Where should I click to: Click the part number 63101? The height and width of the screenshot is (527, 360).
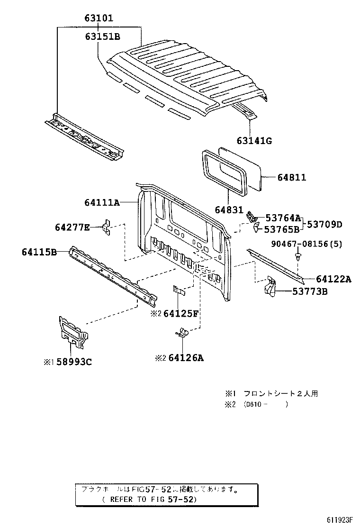pyautogui.click(x=99, y=19)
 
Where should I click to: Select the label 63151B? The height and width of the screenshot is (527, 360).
pyautogui.click(x=103, y=36)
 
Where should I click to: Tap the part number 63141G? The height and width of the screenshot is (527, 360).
pyautogui.click(x=254, y=140)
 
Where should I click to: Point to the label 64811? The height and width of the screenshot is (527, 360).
pyautogui.click(x=292, y=177)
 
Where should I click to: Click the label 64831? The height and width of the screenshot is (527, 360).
pyautogui.click(x=228, y=209)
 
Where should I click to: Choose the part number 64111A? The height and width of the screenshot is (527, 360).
pyautogui.click(x=102, y=202)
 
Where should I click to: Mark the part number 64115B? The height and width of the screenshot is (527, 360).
pyautogui.click(x=39, y=252)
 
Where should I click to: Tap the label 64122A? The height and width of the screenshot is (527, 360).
pyautogui.click(x=333, y=279)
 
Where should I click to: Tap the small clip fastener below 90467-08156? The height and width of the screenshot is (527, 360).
pyautogui.click(x=298, y=256)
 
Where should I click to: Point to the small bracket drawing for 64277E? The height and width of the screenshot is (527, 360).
pyautogui.click(x=107, y=227)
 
